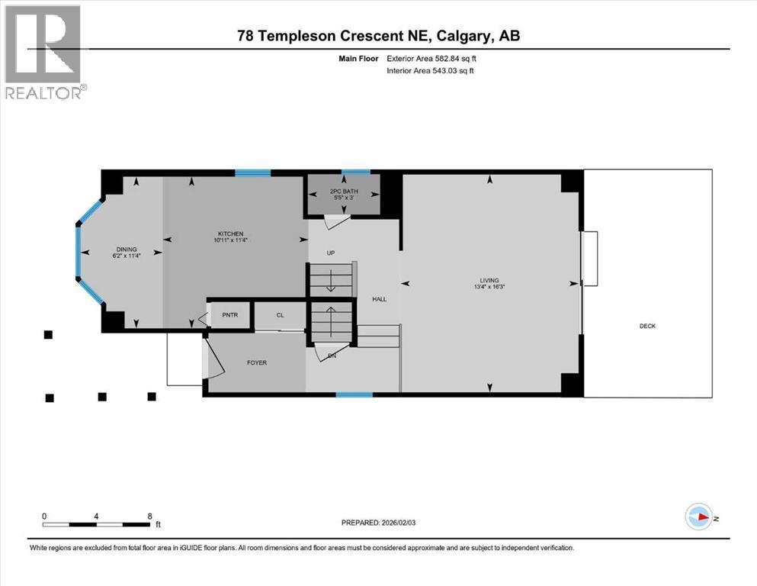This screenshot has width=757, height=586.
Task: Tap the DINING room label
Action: pos(127,248)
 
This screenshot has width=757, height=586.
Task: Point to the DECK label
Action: pos(647,326)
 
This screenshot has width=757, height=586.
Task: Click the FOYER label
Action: pos(257,362)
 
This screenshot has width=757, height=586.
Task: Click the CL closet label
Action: pos(280,314)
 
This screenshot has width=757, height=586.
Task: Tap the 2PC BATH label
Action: pos(344,192)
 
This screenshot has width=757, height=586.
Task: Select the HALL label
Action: pos(379,298)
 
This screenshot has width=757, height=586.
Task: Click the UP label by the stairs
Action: pos(331,253)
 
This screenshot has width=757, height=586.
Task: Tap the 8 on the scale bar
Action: pos(149,516)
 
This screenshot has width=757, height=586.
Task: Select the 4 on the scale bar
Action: pos(96,516)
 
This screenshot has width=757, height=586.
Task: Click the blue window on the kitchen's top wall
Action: pos(252,173)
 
